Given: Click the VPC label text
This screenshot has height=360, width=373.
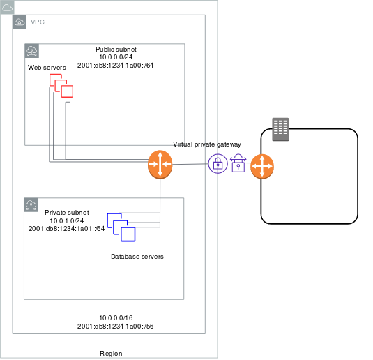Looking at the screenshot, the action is point(38,22).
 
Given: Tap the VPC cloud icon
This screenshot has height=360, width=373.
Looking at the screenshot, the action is point(20,22).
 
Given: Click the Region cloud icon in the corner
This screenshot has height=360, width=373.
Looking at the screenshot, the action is point(7,7).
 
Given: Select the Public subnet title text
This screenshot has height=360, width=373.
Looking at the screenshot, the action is point(116,50).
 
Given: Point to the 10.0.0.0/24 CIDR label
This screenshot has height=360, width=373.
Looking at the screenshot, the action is point(116,57).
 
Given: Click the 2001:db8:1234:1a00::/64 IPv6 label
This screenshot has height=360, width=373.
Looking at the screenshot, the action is point(115,66).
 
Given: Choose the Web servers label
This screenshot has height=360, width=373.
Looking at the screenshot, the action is point(47,68).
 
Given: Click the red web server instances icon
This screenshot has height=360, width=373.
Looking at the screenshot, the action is point(61,86).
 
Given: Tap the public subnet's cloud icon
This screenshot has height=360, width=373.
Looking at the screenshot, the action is point(32,51).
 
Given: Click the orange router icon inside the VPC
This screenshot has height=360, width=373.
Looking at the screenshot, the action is point(160,164).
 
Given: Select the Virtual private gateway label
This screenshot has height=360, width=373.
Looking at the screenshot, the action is point(207,144).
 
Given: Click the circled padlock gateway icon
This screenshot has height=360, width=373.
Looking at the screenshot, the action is point(218,164).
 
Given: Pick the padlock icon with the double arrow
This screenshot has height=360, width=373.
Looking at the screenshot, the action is point(238,163).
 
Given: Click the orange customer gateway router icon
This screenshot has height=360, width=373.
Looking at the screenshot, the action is point(262,167).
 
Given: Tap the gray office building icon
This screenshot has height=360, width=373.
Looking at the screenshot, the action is point(280,129).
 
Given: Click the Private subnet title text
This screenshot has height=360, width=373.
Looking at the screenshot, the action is point(67,213).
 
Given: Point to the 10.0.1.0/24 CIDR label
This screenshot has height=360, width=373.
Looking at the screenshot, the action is point(67,220).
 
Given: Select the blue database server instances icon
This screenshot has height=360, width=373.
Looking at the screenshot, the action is point(121,227).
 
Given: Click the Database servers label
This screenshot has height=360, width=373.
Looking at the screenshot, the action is point(137,257).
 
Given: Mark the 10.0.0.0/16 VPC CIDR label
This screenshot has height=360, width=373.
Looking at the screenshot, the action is point(116,318).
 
